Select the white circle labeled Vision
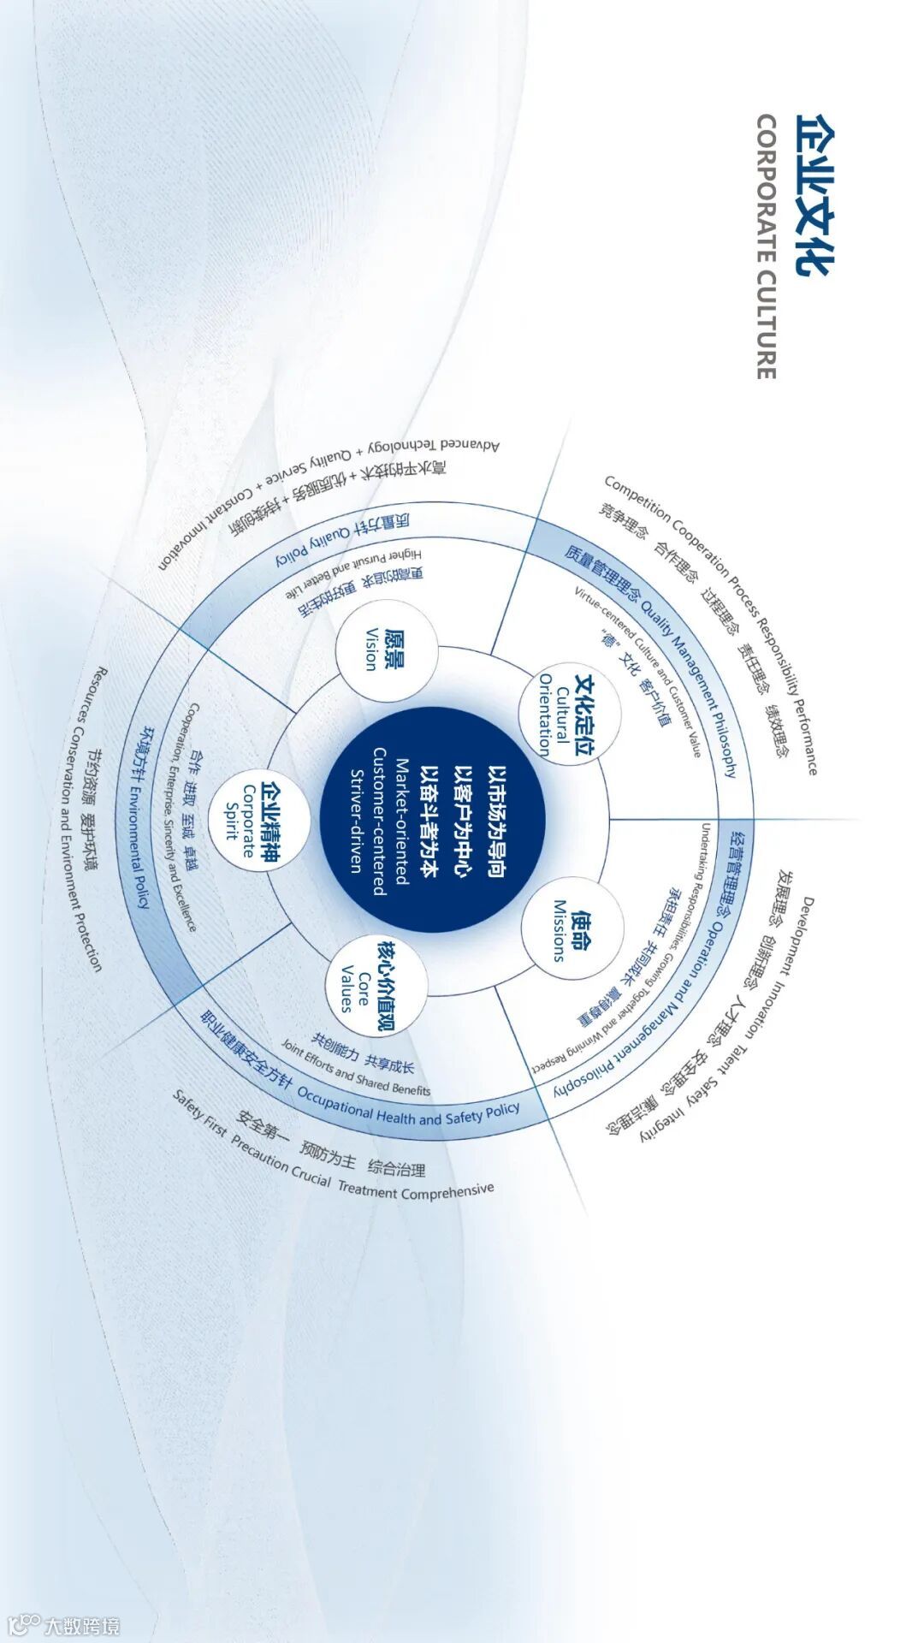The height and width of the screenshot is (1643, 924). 387,650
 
